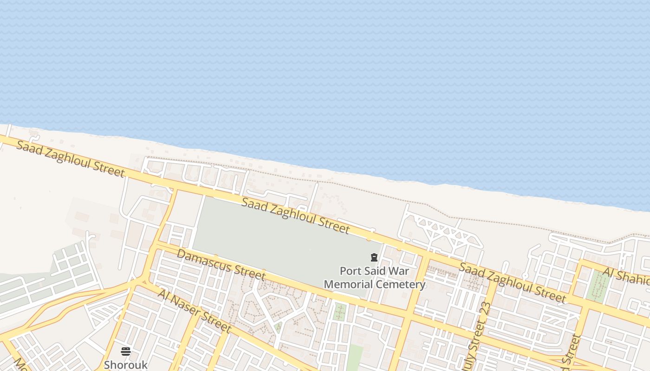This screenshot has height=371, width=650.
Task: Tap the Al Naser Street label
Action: tap(194, 310)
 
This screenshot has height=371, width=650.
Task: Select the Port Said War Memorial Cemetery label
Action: tap(374, 277)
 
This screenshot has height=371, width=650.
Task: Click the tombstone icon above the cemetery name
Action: tap(374, 257)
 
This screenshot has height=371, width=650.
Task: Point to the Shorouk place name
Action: tap(126, 365)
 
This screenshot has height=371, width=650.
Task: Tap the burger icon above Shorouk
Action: tap(126, 351)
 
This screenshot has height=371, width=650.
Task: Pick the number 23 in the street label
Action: tap(485, 309)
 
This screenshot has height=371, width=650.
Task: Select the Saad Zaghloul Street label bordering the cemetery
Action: tap(295, 215)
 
